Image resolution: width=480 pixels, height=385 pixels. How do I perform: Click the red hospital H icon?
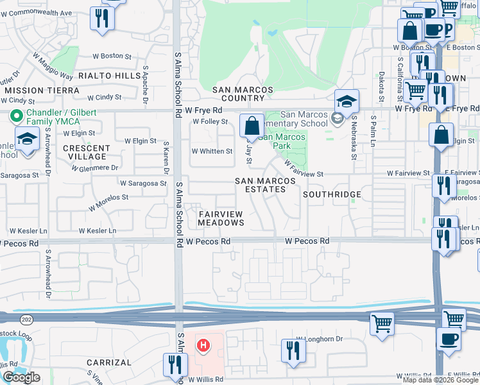203,346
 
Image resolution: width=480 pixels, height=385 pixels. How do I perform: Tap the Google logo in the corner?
21,378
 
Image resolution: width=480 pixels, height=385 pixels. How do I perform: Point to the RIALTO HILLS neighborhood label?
110,76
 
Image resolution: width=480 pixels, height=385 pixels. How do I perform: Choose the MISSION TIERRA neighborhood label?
42,90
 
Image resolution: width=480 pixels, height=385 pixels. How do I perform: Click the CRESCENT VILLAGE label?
85,152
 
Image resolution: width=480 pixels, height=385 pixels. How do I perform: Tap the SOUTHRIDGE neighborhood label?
332,194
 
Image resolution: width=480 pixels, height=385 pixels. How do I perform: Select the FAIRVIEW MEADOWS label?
221,218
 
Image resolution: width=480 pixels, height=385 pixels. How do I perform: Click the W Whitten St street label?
212,151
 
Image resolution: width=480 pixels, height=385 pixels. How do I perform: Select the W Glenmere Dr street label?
95,168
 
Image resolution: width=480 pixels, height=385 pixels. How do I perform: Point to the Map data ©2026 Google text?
440,380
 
